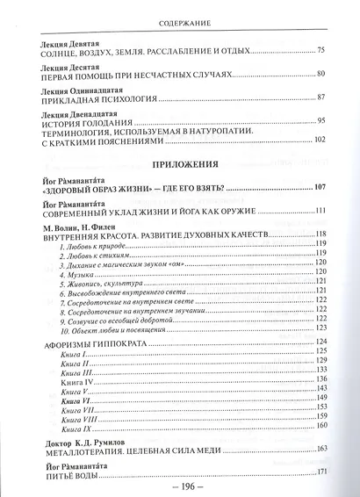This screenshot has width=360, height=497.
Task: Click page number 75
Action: pyautogui.click(x=320, y=51)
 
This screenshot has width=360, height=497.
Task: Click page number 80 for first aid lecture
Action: pyautogui.click(x=320, y=74)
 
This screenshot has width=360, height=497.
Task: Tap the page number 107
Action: pyautogui.click(x=320, y=187)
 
